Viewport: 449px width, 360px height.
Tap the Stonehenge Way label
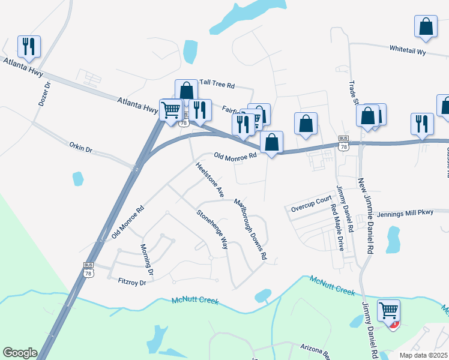pos(212,229)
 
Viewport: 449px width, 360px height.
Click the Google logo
pos(20,353)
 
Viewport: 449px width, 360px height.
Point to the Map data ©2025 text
pos(424,355)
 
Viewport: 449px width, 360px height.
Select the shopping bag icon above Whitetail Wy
pos(426,28)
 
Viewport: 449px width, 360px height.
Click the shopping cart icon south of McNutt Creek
pos(388,311)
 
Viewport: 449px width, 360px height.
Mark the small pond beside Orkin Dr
pos(77,179)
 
